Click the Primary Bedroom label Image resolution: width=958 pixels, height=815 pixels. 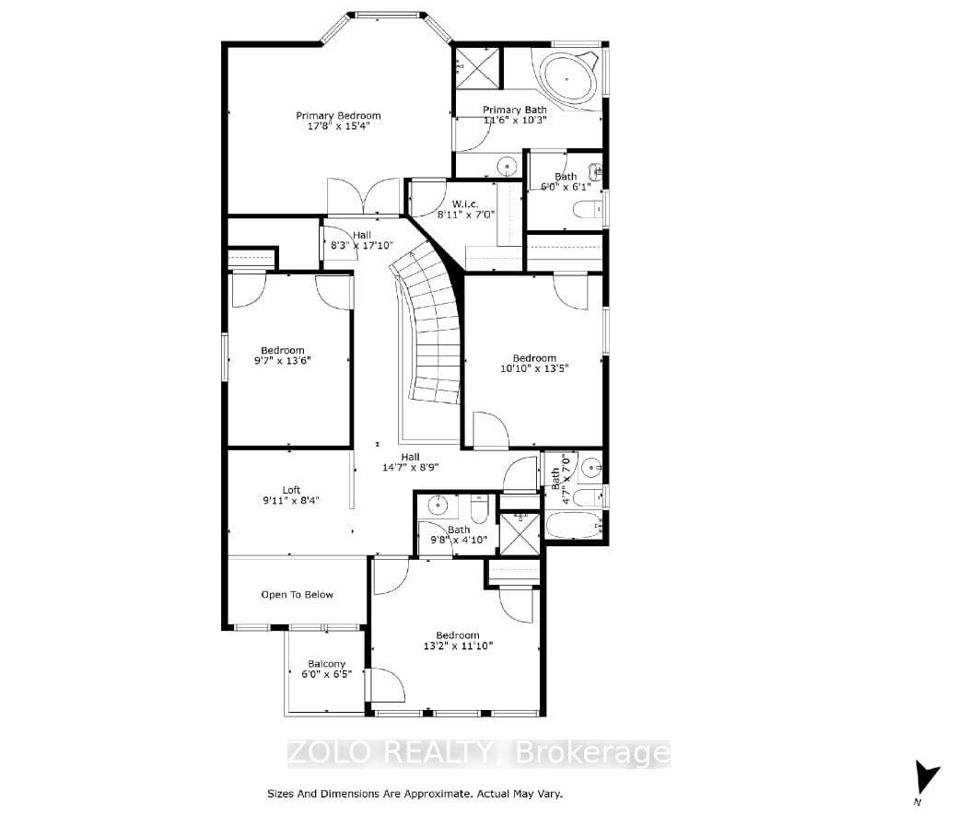[338, 115]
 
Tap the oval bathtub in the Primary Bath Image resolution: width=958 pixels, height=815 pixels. [568, 79]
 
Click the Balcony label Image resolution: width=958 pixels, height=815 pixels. [327, 663]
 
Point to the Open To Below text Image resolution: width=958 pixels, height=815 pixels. [297, 595]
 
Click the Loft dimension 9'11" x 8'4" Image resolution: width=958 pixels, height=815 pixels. [291, 500]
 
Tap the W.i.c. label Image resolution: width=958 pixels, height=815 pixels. [465, 204]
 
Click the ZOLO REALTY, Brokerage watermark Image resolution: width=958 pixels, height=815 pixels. [478, 752]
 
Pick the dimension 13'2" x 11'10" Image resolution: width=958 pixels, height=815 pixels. [458, 646]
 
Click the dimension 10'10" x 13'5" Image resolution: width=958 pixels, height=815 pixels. [534, 368]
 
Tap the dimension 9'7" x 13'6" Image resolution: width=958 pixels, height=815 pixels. [282, 360]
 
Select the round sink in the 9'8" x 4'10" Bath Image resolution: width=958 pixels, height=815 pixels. [438, 506]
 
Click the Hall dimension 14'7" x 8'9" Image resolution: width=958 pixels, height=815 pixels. [411, 468]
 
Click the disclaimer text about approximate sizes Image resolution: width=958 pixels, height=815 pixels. [415, 794]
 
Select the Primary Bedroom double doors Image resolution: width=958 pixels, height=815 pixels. [364, 196]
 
